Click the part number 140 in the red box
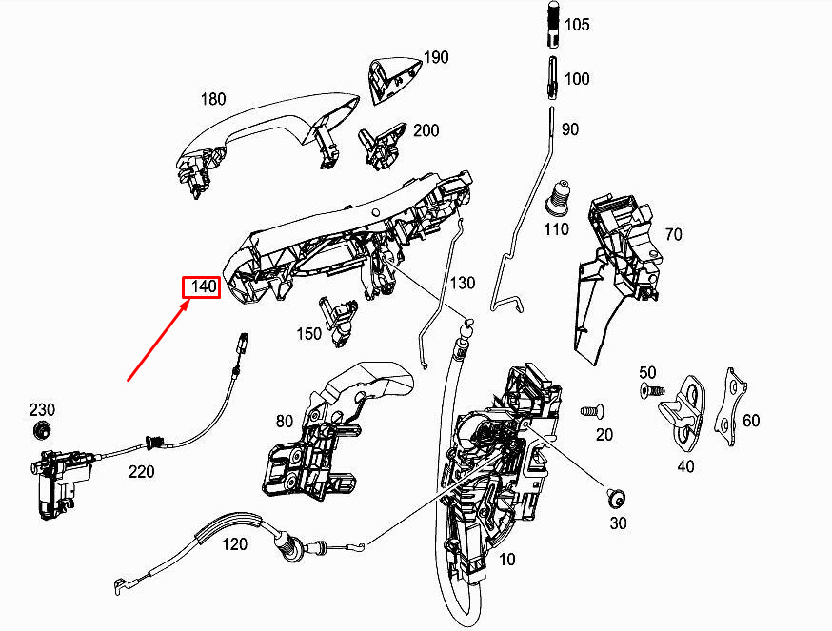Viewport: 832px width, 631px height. point(204,287)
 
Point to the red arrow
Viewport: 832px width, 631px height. point(159,340)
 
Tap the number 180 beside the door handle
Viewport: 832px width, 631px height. point(213,99)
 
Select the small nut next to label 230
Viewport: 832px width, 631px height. point(41,430)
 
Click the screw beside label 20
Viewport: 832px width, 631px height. point(592,411)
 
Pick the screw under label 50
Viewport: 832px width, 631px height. point(652,390)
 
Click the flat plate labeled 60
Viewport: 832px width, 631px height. point(730,406)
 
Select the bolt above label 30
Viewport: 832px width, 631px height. point(617,499)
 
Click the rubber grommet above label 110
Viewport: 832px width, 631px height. point(558,200)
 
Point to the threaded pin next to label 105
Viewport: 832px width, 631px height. point(552,24)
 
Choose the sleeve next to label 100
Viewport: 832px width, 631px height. point(552,78)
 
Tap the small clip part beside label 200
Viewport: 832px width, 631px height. point(382,147)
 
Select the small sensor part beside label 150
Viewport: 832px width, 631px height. point(338,320)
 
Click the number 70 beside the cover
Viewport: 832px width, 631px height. point(673,234)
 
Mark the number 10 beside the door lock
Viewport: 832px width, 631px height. point(507,560)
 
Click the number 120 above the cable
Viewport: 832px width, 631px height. point(234,544)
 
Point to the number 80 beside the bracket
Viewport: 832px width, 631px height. point(285,422)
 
